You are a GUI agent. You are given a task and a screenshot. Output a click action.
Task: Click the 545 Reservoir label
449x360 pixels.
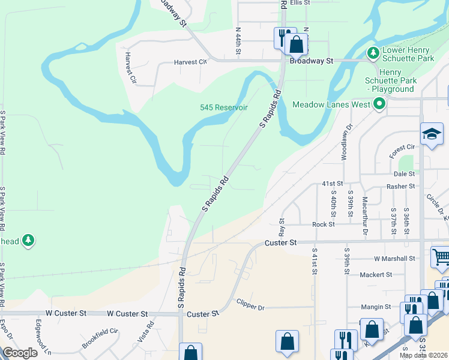pyautogui.click(x=223, y=107)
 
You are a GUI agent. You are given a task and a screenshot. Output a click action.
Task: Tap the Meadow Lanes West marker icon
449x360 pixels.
pyautogui.click(x=379, y=104)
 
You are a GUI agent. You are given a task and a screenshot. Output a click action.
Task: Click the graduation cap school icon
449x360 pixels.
pyautogui.click(x=432, y=134)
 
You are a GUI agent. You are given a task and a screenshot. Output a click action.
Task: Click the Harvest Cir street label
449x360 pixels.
pyautogui.click(x=190, y=62)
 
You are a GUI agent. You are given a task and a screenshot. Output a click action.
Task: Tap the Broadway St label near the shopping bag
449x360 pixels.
pyautogui.click(x=312, y=61)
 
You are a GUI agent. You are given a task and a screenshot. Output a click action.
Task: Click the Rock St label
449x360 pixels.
pyautogui.click(x=323, y=224)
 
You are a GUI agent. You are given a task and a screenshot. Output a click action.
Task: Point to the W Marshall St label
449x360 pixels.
pyautogui.click(x=394, y=259)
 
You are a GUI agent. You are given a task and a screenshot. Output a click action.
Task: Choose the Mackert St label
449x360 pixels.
pyautogui.click(x=375, y=274)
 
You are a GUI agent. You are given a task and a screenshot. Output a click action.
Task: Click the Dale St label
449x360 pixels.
pyautogui.click(x=405, y=173)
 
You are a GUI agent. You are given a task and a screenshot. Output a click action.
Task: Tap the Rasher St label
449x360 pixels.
pyautogui.click(x=401, y=187)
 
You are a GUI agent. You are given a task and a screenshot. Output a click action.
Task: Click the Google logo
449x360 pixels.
pyautogui.click(x=20, y=352)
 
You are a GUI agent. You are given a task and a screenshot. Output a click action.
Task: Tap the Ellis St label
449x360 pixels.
pyautogui.click(x=300, y=3)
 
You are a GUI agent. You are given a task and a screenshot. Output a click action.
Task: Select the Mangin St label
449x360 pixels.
pyautogui.click(x=376, y=307)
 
